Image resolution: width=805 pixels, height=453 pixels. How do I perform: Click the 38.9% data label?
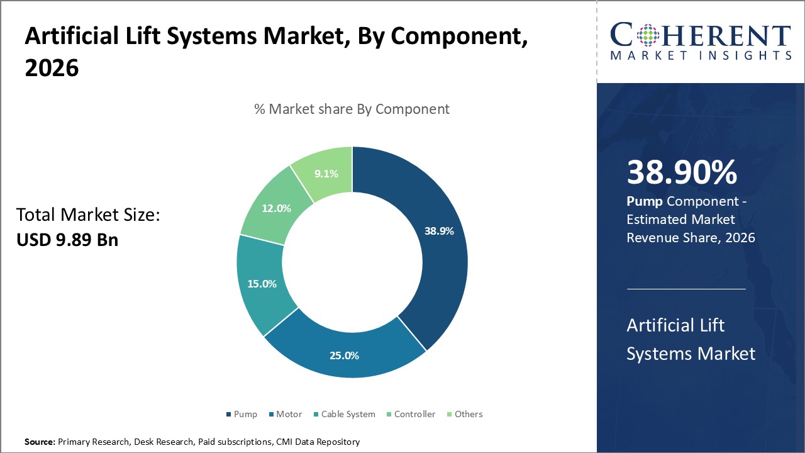(439, 231)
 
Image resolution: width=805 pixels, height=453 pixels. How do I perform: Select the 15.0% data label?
(262, 284)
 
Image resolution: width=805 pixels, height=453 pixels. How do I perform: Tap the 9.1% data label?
(327, 174)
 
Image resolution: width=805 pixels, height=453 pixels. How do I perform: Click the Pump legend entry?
(241, 414)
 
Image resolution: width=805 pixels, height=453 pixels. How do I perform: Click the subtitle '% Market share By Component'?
(352, 109)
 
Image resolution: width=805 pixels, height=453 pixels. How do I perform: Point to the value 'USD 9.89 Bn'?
(67, 240)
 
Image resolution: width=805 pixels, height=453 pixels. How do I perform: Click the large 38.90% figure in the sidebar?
(682, 172)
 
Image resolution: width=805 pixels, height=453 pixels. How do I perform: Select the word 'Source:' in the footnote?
(40, 442)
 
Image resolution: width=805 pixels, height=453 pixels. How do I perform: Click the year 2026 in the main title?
(52, 69)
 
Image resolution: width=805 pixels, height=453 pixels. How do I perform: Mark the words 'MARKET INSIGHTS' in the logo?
(701, 56)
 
